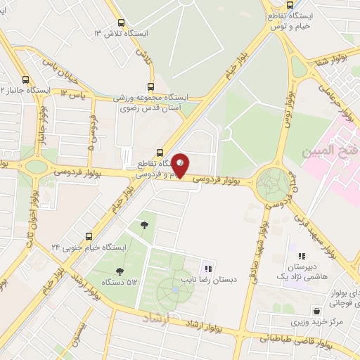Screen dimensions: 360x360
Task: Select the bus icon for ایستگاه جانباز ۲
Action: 25,79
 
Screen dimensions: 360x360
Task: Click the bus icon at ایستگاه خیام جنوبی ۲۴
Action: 89,236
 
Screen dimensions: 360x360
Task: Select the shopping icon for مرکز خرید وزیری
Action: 318,310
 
